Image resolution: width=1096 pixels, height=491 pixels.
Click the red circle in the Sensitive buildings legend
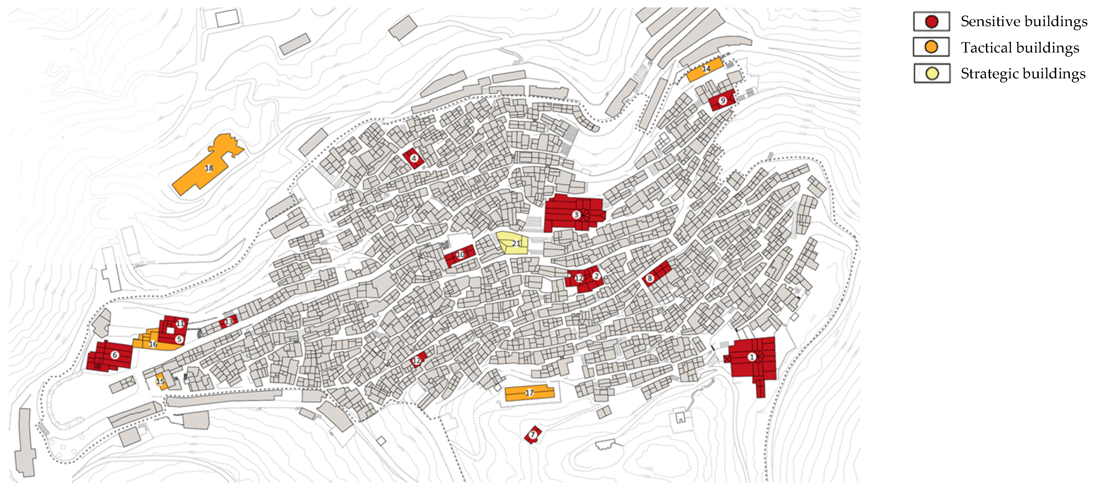pos(931,22)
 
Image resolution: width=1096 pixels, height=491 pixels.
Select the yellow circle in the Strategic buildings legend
pos(932,74)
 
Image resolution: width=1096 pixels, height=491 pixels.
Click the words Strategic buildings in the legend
pos(1023,74)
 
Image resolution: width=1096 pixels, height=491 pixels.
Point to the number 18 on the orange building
pos(209,168)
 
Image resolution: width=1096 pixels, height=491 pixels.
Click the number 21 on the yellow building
pos(516,244)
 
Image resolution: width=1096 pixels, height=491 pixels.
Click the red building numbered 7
pos(532,434)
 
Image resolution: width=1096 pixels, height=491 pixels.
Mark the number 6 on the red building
pos(115,355)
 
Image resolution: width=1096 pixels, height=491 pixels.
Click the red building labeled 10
pos(460,255)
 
